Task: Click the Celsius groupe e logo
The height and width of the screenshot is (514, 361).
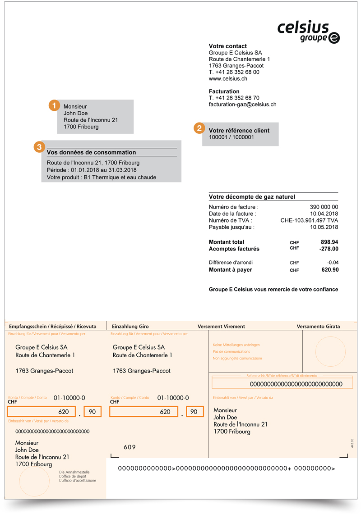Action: pyautogui.click(x=309, y=32)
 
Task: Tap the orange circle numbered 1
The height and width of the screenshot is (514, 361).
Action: pyautogui.click(x=55, y=105)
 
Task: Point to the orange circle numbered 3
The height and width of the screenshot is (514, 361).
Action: pyautogui.click(x=40, y=146)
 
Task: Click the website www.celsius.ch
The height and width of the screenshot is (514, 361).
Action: pyautogui.click(x=228, y=78)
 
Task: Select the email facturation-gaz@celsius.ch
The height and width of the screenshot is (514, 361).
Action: pyautogui.click(x=242, y=104)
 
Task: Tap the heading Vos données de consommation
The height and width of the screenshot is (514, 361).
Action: pyautogui.click(x=91, y=152)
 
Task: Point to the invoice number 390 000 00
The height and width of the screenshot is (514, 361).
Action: pyautogui.click(x=324, y=207)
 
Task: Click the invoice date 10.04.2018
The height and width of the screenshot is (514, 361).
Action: pyautogui.click(x=324, y=214)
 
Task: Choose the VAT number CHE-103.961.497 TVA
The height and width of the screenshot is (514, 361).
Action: pyautogui.click(x=309, y=220)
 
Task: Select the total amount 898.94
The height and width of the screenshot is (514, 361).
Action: pyautogui.click(x=328, y=242)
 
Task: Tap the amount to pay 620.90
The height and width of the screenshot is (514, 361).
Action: pyautogui.click(x=328, y=270)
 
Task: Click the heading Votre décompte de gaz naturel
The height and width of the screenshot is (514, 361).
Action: pyautogui.click(x=252, y=197)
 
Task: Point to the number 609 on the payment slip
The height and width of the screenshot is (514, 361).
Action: pyautogui.click(x=130, y=447)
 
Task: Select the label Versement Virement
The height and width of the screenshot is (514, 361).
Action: pyautogui.click(x=221, y=326)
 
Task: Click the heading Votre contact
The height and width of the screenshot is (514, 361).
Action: pyautogui.click(x=228, y=46)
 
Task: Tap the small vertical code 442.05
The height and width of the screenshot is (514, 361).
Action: pyautogui.click(x=352, y=442)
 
